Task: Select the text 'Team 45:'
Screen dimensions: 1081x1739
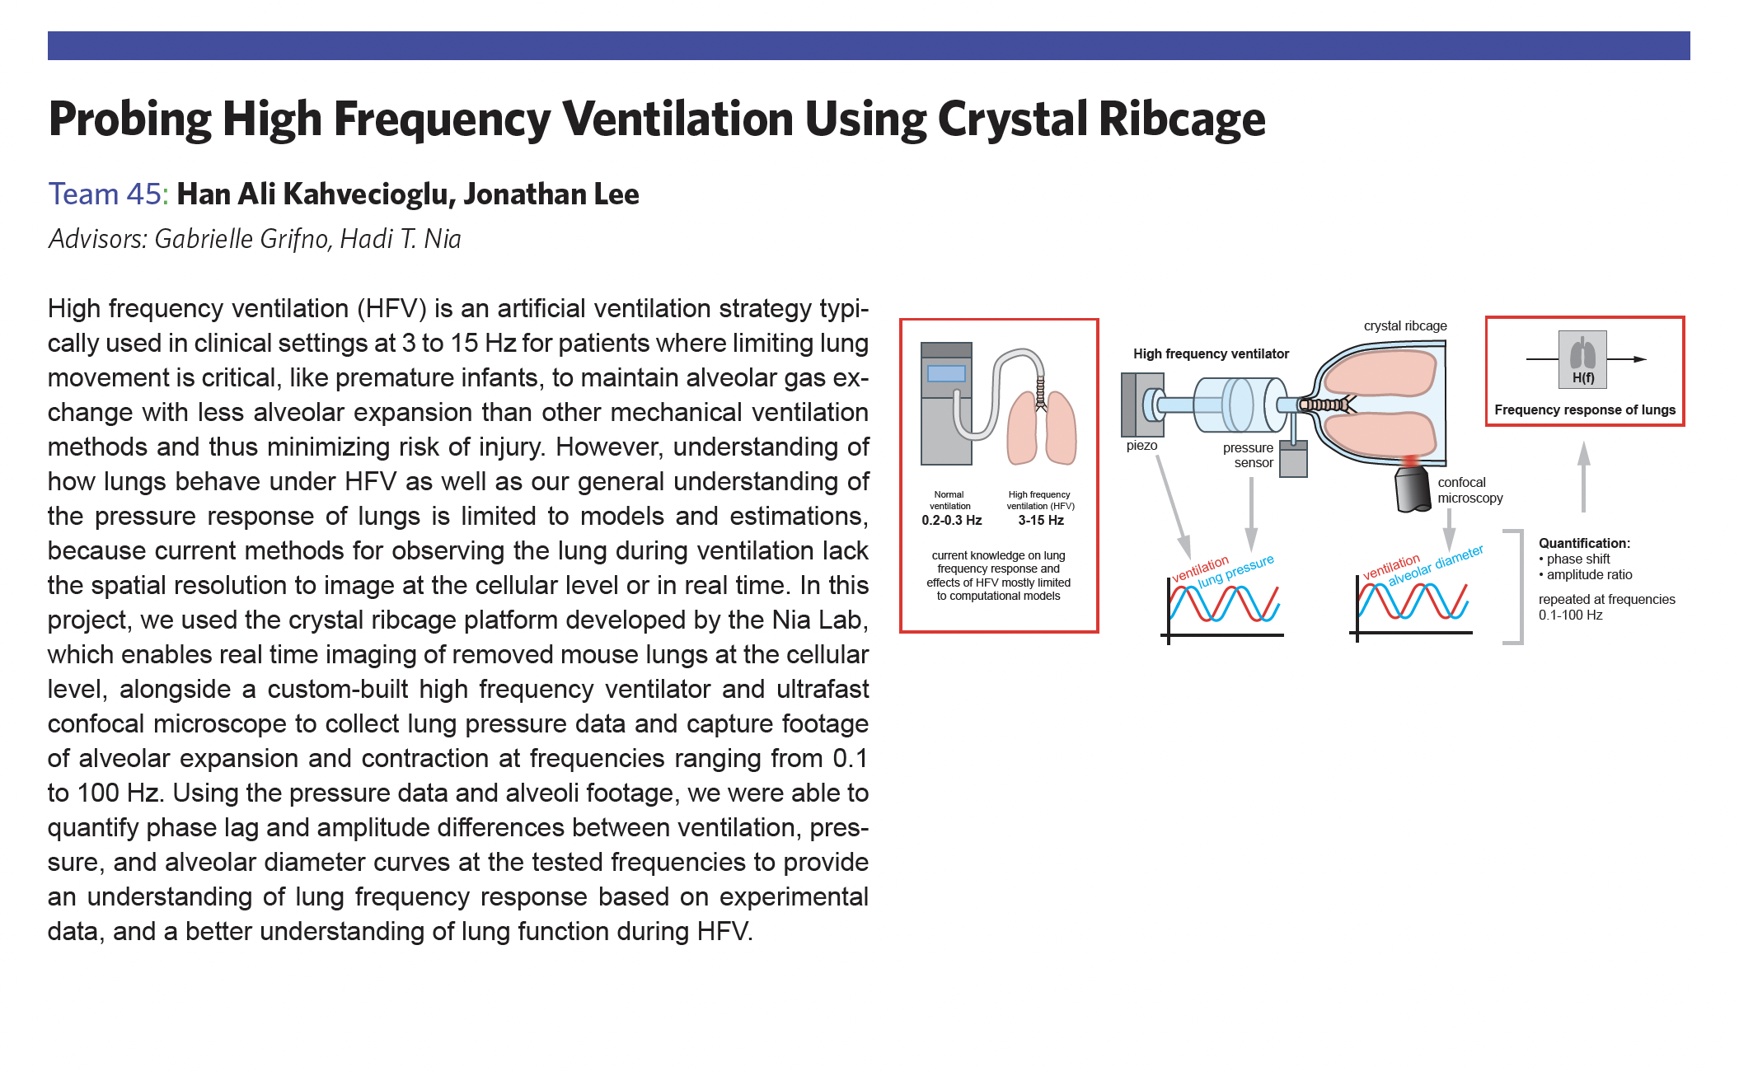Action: click(108, 194)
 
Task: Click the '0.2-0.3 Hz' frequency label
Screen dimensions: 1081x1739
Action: click(951, 521)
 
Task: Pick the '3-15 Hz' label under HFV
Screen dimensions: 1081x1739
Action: click(1040, 521)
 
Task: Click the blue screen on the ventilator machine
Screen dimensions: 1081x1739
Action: click(946, 373)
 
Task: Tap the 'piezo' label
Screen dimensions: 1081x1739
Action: click(1141, 446)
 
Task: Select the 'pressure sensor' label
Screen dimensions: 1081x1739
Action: click(1249, 455)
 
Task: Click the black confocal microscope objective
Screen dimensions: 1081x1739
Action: click(1413, 489)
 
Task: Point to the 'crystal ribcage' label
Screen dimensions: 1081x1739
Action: click(1405, 325)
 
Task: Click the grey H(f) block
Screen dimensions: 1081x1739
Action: click(1582, 359)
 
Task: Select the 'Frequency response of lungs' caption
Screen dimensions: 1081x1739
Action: click(1584, 410)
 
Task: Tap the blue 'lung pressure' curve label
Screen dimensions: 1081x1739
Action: click(1235, 571)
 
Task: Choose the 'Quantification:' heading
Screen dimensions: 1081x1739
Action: click(1584, 543)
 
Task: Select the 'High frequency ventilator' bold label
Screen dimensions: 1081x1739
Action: click(1211, 354)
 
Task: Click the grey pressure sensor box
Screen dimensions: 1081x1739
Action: click(1293, 459)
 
